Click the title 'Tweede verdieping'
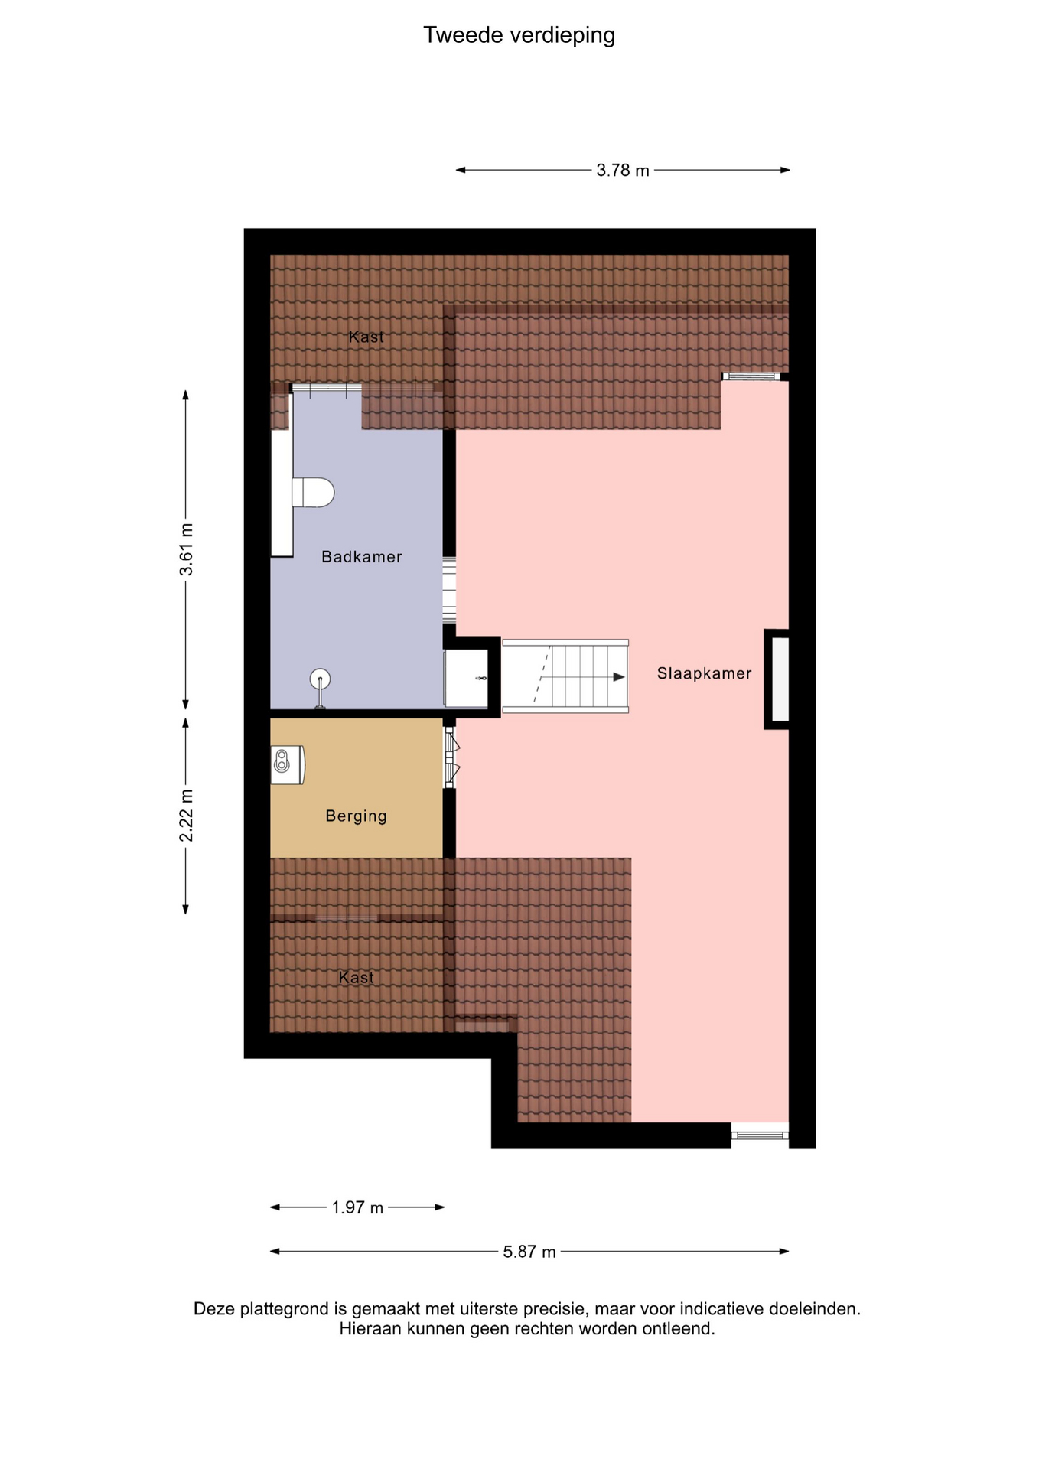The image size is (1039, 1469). (519, 35)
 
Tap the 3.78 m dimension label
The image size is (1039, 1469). (623, 171)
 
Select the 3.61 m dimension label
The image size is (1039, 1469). (186, 550)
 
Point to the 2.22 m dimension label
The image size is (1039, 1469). (186, 816)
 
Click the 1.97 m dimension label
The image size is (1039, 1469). (357, 1207)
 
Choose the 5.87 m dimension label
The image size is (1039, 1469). (529, 1252)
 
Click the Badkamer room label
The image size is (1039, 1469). (362, 557)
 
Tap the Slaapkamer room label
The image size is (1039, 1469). (705, 673)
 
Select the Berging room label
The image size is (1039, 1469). (357, 816)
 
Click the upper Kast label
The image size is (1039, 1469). (366, 337)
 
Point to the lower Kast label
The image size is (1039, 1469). (357, 977)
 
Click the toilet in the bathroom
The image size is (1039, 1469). (313, 492)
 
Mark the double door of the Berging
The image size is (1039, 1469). (451, 757)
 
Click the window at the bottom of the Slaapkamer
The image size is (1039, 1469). (760, 1135)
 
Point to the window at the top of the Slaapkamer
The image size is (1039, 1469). (751, 376)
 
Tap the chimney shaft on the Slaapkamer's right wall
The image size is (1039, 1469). (777, 679)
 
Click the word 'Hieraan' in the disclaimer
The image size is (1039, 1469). (370, 1328)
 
